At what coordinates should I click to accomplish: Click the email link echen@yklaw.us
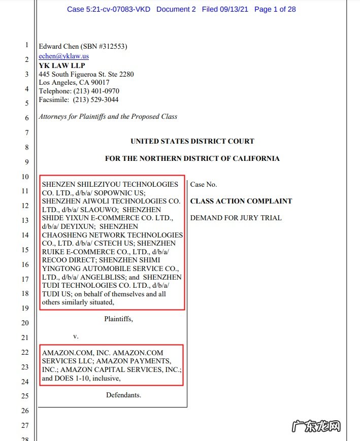pos(64,56)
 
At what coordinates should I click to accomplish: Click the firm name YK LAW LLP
pos(62,65)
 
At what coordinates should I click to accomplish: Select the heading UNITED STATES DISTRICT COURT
pos(192,142)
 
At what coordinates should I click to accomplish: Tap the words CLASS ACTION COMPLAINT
pos(241,201)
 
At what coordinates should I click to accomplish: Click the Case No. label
pos(204,185)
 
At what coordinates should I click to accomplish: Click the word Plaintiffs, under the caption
pos(118,319)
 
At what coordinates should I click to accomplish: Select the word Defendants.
pos(123,395)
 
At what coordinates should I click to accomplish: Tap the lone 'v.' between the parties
pos(76,336)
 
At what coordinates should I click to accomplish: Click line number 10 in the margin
pos(25,177)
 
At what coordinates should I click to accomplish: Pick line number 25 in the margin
pos(25,396)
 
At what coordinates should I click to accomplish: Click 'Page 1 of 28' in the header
pos(275,9)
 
